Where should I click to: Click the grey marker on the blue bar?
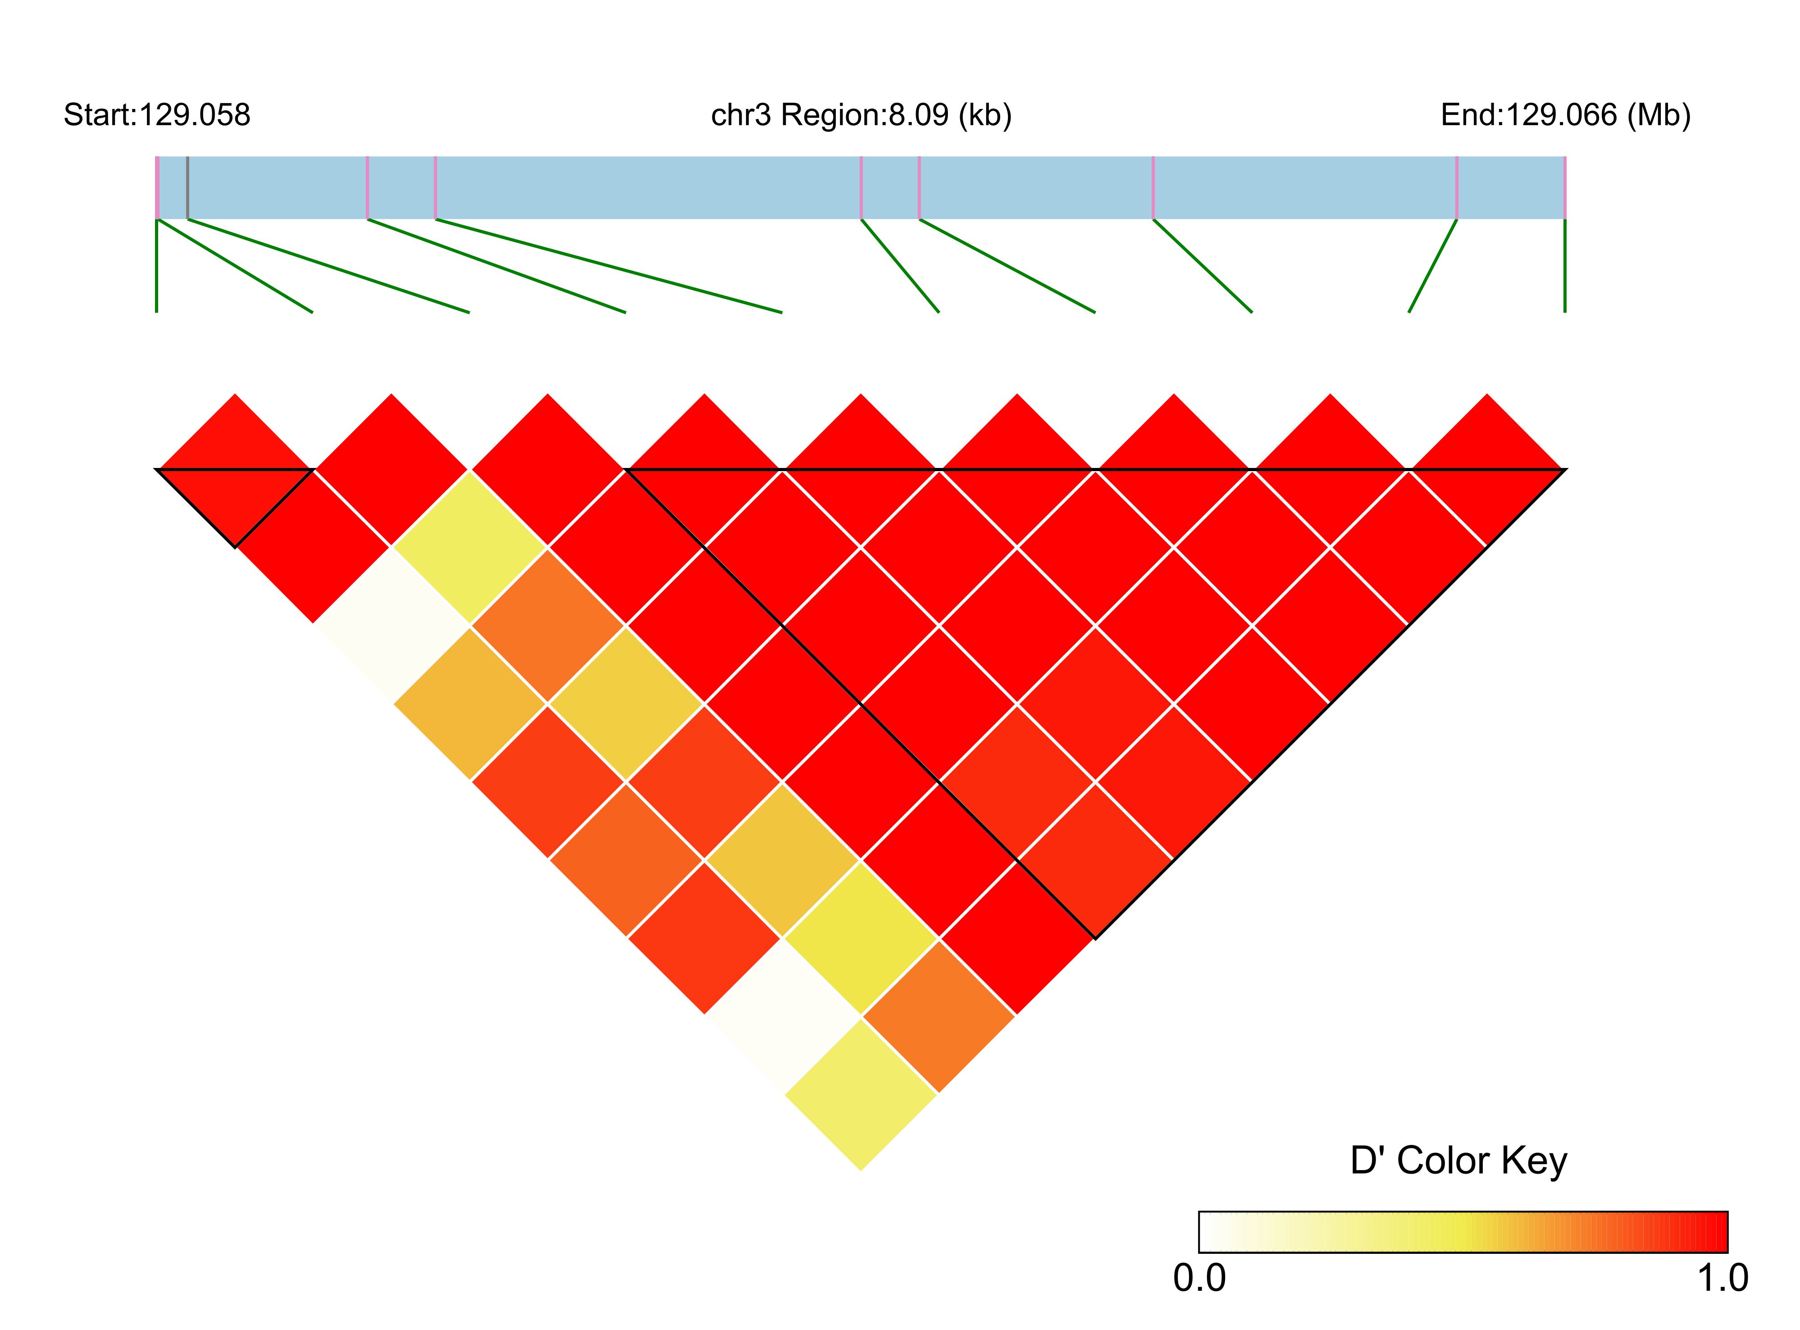tap(187, 187)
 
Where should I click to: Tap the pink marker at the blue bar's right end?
tap(1564, 187)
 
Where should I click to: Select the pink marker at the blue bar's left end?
tap(158, 187)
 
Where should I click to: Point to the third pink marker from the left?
tap(436, 187)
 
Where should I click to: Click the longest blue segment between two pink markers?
tap(648, 187)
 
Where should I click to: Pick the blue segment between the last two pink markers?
tap(1511, 187)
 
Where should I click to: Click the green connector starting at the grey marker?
tap(328, 266)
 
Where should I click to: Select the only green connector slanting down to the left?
tap(1433, 266)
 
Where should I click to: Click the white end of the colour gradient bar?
tap(1208, 1232)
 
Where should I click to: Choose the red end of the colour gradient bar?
tap(1715, 1232)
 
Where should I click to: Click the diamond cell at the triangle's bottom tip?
tap(861, 1095)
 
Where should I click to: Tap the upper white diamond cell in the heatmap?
tap(392, 626)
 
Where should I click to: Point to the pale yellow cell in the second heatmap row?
tap(469, 548)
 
